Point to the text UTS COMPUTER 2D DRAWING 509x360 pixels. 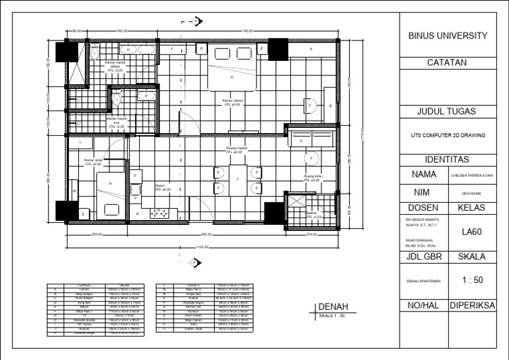click(x=447, y=135)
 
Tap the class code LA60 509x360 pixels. click(x=472, y=232)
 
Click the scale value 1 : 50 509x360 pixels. click(x=472, y=280)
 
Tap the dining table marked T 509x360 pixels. click(x=237, y=180)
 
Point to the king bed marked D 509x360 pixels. click(x=231, y=76)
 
